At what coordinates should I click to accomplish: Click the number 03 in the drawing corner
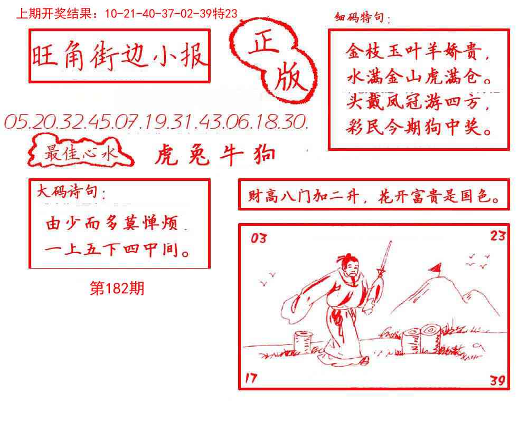pyautogui.click(x=259, y=238)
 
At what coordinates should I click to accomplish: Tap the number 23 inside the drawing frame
pyautogui.click(x=497, y=235)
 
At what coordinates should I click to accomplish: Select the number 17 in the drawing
pyautogui.click(x=252, y=378)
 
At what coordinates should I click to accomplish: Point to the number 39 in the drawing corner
pyautogui.click(x=497, y=379)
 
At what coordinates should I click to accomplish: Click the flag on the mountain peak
pyautogui.click(x=437, y=268)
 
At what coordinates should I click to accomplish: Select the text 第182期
pyautogui.click(x=117, y=289)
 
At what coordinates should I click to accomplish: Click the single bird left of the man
pyautogui.click(x=274, y=274)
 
